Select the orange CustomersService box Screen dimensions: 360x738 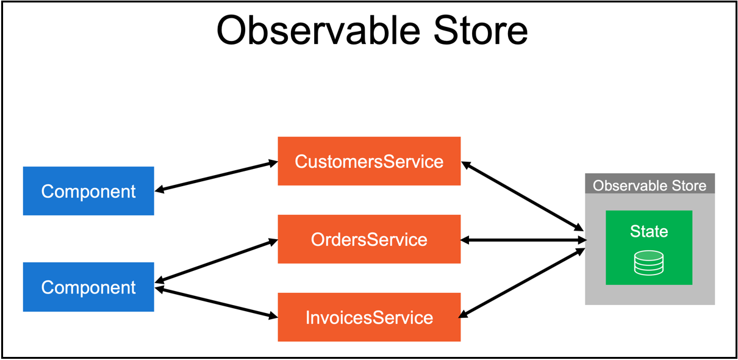click(369, 161)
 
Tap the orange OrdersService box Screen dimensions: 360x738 click(369, 239)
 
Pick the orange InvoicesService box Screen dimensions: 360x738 click(369, 317)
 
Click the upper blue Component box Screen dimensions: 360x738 click(88, 191)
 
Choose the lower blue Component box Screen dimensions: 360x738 click(88, 287)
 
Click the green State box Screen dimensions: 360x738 click(649, 247)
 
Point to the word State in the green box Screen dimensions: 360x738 click(649, 231)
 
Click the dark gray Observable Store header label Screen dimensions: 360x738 click(650, 185)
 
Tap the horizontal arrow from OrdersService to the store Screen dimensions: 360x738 click(523, 240)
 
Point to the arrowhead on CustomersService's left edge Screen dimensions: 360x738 click(273, 163)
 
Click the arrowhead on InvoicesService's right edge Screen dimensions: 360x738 click(464, 314)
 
